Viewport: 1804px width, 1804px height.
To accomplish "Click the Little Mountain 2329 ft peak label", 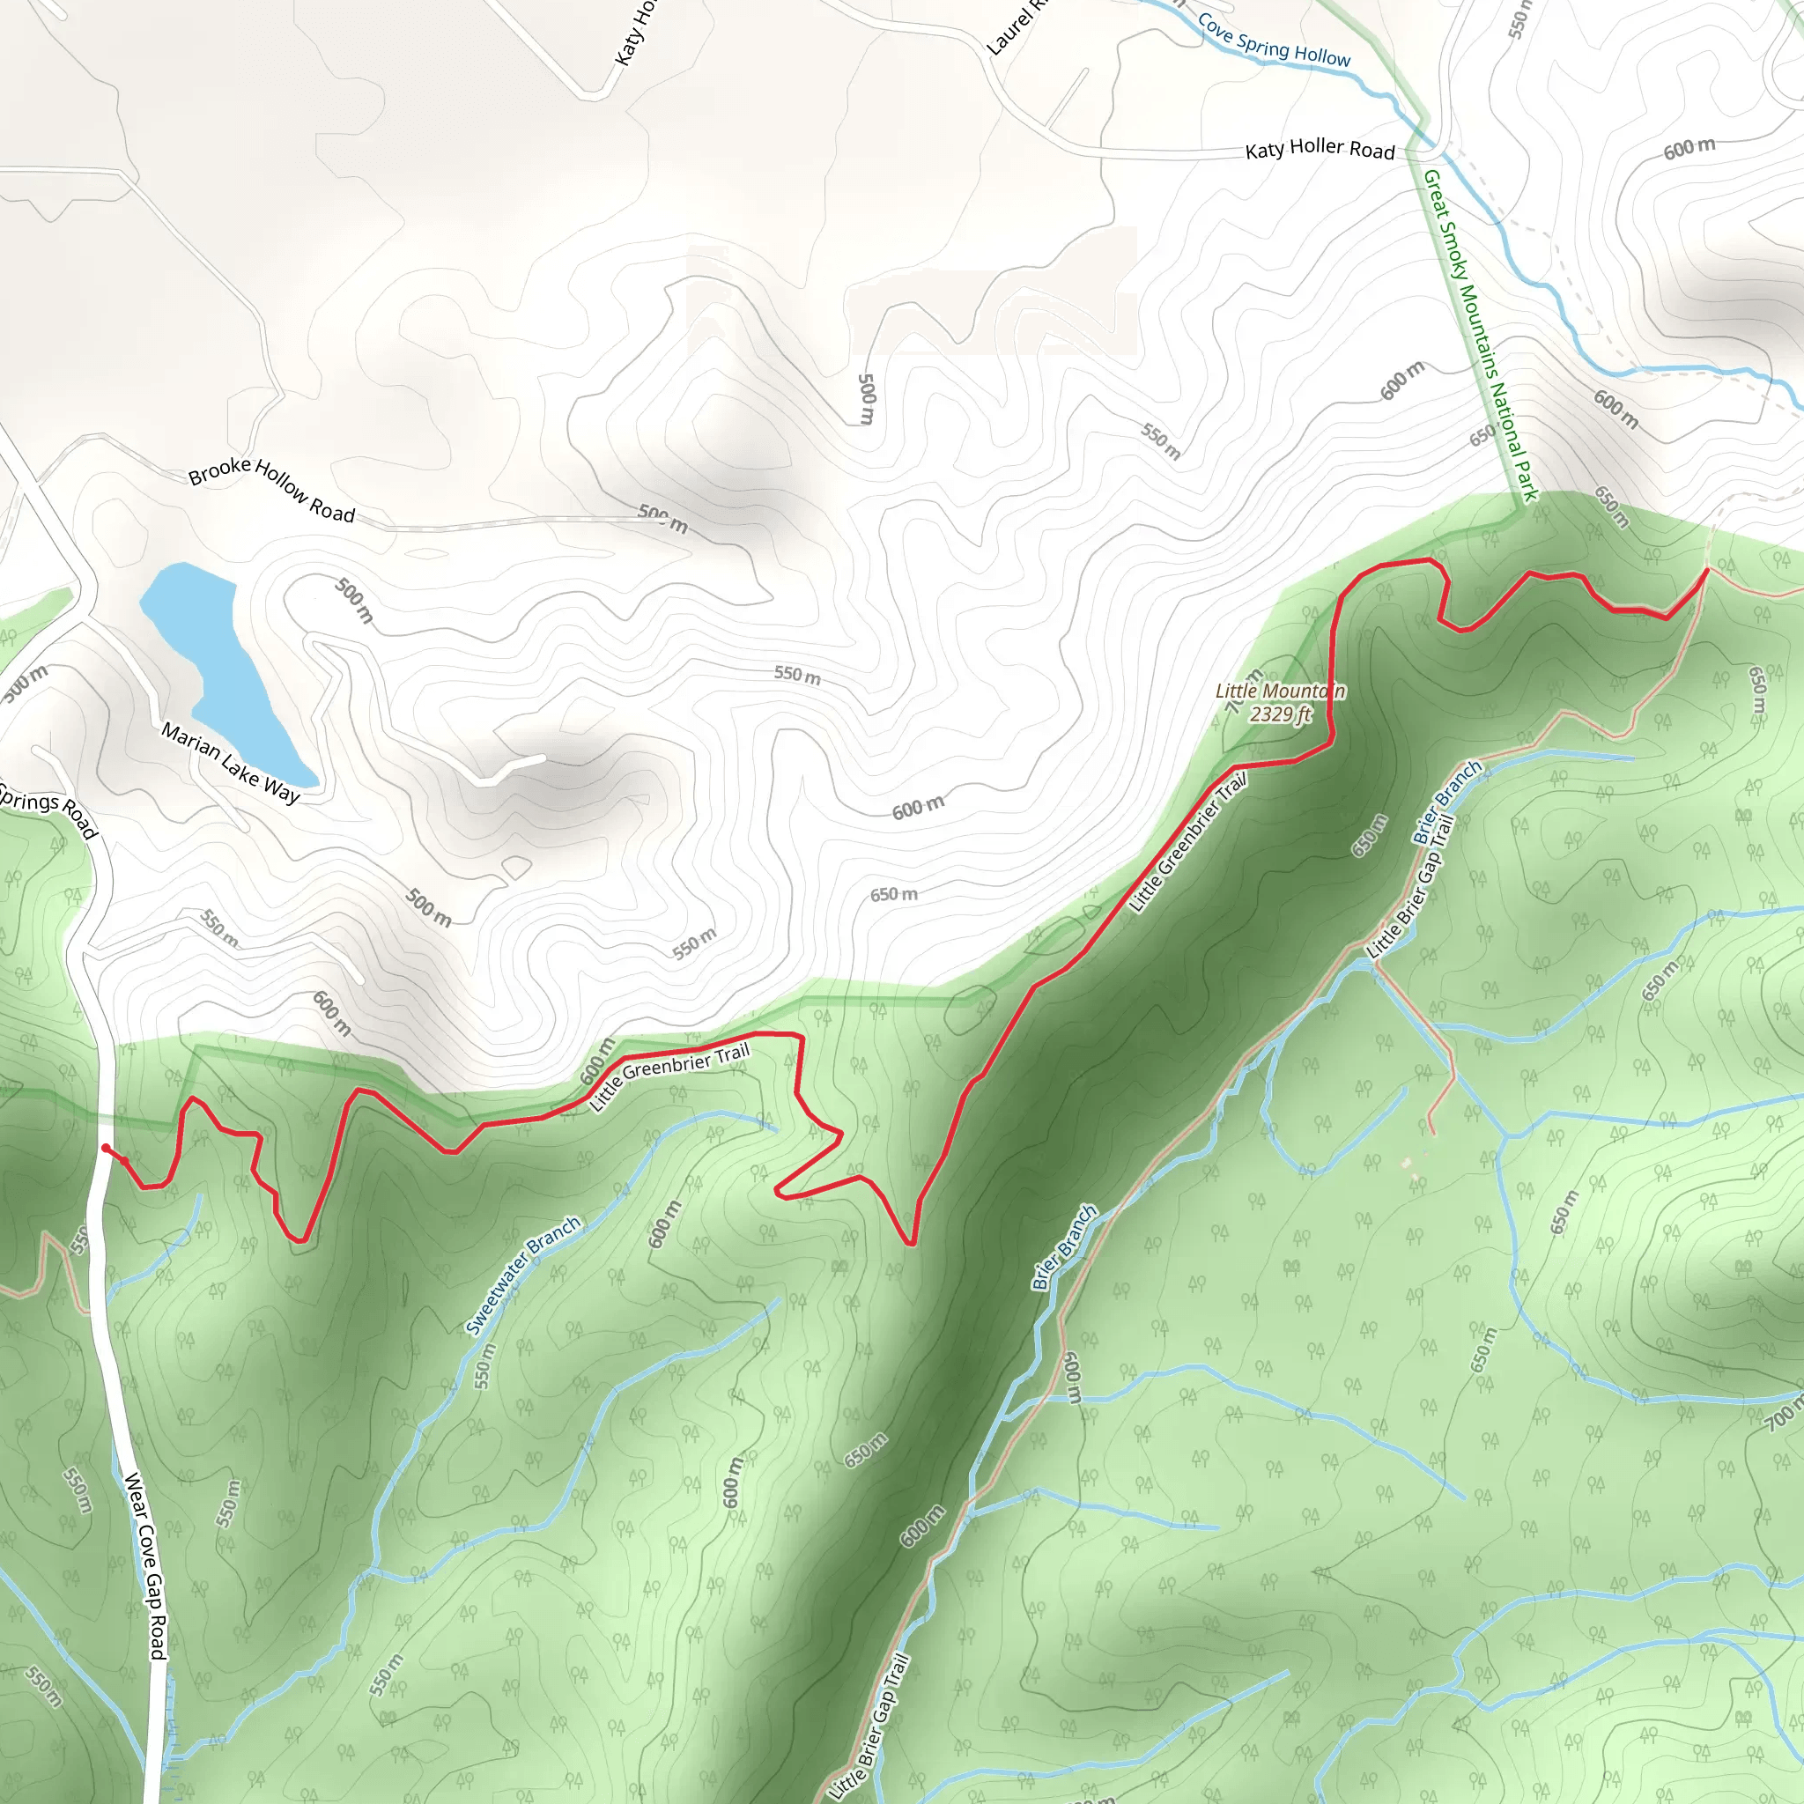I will tap(1280, 702).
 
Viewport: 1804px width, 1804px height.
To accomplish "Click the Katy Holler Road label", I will tap(1320, 150).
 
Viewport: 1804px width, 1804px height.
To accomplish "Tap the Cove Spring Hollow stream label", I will tap(1273, 40).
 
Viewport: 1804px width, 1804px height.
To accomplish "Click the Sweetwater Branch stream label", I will tap(523, 1275).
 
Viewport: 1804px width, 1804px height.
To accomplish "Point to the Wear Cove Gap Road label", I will tap(145, 1566).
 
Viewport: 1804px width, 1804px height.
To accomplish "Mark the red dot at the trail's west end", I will tap(106, 1148).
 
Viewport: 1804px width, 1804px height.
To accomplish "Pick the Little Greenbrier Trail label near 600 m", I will tap(669, 1077).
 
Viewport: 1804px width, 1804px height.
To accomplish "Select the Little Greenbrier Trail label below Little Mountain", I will tap(1187, 842).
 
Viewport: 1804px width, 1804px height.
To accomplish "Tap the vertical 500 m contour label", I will tap(867, 399).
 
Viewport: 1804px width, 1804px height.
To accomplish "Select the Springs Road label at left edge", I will tap(48, 810).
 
